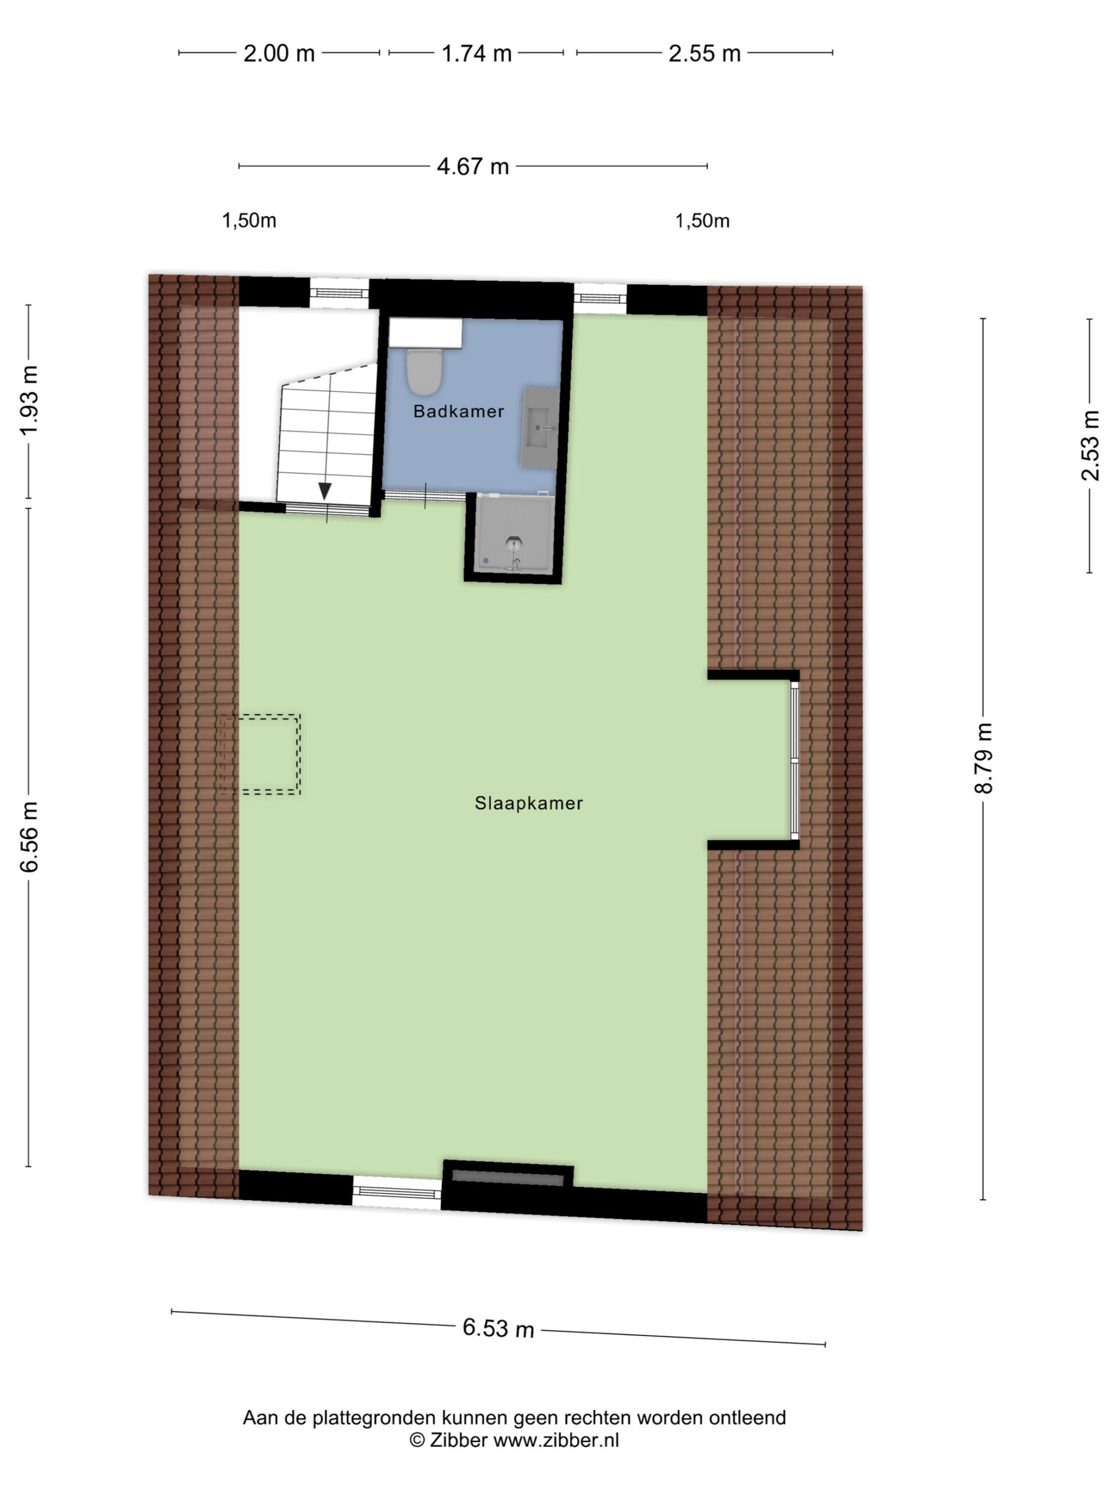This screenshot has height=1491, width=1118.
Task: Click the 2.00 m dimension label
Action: click(278, 53)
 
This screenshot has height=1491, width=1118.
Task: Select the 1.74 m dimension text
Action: click(476, 53)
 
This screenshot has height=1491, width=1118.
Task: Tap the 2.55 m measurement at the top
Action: click(704, 53)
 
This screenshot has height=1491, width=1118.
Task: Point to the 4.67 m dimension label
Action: click(472, 167)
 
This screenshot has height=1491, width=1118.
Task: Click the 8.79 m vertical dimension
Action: click(983, 758)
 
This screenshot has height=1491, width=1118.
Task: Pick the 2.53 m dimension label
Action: click(1089, 446)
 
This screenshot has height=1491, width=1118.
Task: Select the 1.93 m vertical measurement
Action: click(29, 400)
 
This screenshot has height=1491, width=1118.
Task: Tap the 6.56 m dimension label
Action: click(29, 837)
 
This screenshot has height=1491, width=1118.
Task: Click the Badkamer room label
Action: click(458, 411)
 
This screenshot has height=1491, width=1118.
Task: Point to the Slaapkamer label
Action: click(528, 803)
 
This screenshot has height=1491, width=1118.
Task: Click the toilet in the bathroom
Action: click(424, 372)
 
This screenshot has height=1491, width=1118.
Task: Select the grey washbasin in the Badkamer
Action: click(540, 427)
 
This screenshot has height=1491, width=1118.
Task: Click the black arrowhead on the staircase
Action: click(325, 491)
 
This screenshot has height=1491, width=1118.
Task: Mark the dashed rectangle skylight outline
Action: click(260, 754)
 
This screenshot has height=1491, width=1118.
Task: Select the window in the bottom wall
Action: click(397, 1192)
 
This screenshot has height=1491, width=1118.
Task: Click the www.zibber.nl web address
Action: click(556, 1440)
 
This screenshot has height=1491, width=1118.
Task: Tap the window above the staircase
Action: click(339, 292)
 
